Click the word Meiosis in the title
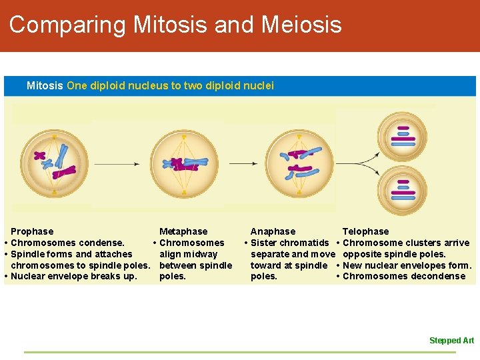(x=301, y=25)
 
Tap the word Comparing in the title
(x=67, y=25)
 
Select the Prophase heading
(x=32, y=231)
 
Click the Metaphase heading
(x=183, y=231)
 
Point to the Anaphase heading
(x=273, y=231)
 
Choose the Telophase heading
(x=365, y=231)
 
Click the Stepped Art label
(x=451, y=341)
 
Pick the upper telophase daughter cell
(x=402, y=136)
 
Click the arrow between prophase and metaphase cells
(x=116, y=163)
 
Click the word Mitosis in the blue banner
(x=45, y=86)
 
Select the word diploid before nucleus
(x=110, y=86)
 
